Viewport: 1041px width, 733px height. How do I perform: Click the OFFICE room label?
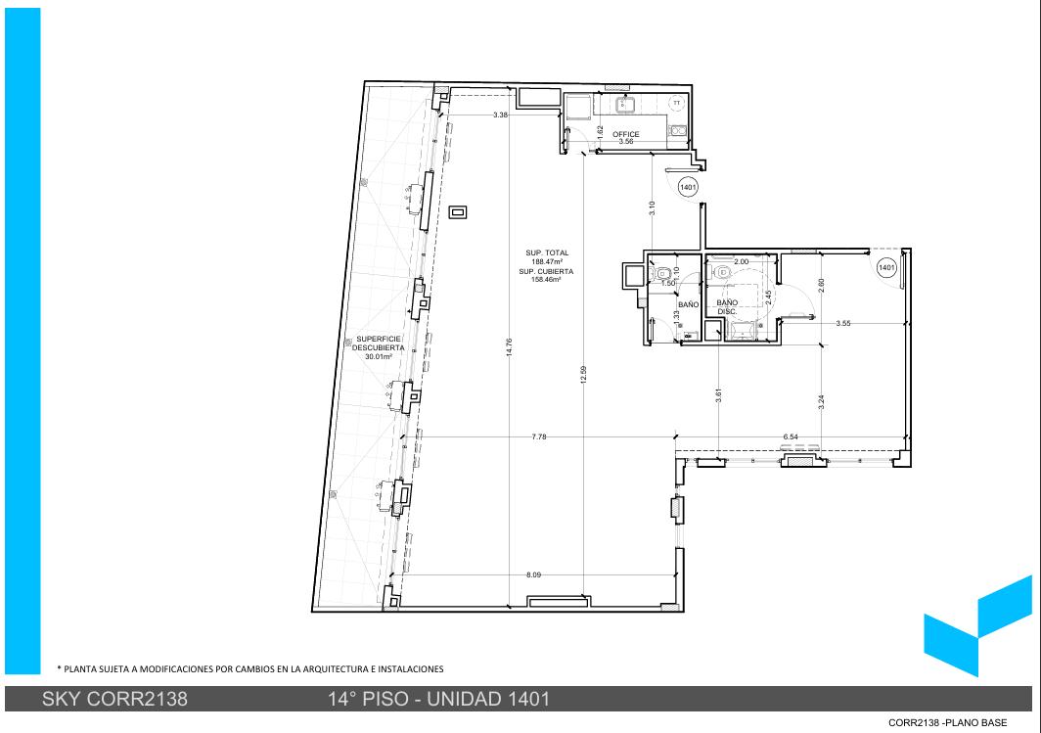(626, 134)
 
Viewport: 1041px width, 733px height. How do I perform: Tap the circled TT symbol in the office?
(676, 103)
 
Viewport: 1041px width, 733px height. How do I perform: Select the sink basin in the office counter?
(625, 105)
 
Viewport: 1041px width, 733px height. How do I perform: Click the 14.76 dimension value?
(509, 348)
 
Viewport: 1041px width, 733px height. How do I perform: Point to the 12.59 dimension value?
(583, 375)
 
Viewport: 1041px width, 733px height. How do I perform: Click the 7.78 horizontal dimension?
(539, 436)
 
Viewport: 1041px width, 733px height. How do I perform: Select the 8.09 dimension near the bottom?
(533, 575)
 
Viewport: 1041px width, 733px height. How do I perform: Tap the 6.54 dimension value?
(791, 436)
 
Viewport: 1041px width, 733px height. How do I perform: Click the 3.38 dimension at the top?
(501, 115)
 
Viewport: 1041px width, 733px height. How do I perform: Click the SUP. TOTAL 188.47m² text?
(547, 257)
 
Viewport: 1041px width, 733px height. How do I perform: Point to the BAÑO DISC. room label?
(727, 306)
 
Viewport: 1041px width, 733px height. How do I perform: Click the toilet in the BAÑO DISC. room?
(722, 271)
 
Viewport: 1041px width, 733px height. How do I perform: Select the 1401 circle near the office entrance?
(689, 187)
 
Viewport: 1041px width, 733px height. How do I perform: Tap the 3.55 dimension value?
(843, 323)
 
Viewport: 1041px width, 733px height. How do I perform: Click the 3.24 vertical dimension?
(821, 402)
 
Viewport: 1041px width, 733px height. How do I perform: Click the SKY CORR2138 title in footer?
(114, 699)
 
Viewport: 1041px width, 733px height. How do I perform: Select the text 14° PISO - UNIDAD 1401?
(439, 699)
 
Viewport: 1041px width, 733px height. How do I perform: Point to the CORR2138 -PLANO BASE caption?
(947, 722)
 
